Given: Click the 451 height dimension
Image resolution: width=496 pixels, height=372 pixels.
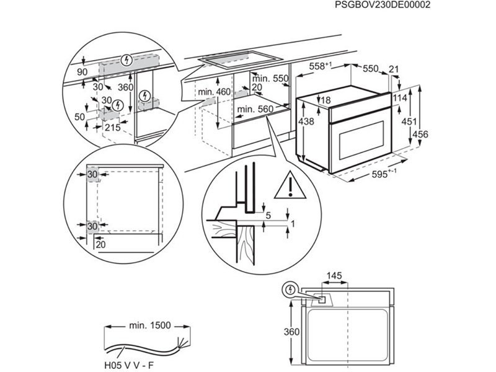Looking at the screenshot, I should [x=406, y=122].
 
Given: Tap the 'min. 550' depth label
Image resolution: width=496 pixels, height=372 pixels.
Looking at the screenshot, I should [x=272, y=79].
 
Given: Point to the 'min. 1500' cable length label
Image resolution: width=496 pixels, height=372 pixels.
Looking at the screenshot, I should [x=146, y=324].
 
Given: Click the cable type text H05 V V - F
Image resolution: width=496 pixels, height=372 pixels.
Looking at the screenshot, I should [x=128, y=365].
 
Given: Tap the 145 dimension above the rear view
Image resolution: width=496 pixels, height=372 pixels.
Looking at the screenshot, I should [x=334, y=275].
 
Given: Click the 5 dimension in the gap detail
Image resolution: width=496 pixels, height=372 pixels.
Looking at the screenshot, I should [x=268, y=215].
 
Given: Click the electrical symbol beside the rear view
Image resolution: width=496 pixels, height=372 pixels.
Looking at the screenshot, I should [x=289, y=289].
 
